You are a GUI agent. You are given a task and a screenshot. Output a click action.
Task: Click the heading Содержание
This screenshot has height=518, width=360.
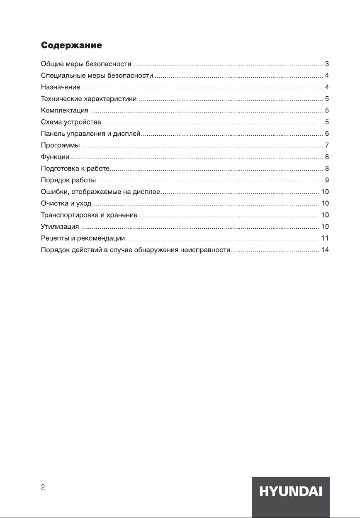click(x=71, y=44)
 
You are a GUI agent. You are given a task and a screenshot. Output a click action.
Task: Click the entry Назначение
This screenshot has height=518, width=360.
click(x=61, y=87)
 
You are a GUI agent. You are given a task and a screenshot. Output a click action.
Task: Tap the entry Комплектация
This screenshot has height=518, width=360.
click(x=65, y=110)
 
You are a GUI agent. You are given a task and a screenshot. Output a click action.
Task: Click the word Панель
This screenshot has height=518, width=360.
click(x=53, y=134)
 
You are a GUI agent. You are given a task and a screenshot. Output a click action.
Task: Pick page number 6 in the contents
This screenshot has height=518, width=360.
click(x=327, y=134)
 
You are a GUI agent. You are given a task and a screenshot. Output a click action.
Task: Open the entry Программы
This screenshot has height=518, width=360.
click(x=60, y=145)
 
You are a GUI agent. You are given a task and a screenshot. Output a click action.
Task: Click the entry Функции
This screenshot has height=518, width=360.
click(x=55, y=157)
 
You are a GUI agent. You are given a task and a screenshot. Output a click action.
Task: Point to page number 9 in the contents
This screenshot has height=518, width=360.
click(x=327, y=180)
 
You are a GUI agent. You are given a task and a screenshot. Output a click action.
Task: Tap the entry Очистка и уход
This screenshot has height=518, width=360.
click(x=66, y=203)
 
